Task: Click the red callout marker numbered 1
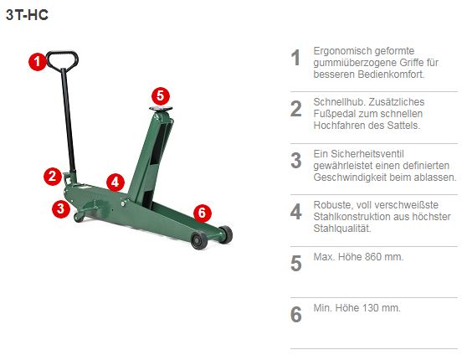(x=36, y=60)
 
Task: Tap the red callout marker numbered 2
(x=52, y=175)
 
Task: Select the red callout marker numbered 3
(x=59, y=209)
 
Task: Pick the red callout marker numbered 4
(x=115, y=182)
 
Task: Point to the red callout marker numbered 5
(x=161, y=96)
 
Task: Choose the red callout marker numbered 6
(x=201, y=212)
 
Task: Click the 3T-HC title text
(x=26, y=14)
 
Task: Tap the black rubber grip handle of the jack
(x=63, y=59)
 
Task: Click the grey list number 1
(x=295, y=58)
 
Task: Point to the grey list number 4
(x=295, y=212)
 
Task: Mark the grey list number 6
(x=295, y=314)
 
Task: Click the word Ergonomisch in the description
(x=341, y=51)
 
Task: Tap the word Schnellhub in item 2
(x=337, y=102)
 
